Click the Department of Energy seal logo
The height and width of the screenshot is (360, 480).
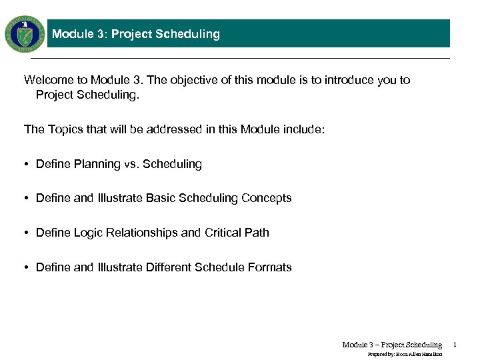click(25, 34)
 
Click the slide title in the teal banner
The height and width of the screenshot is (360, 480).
click(135, 34)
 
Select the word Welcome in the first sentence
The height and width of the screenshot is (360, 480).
click(46, 80)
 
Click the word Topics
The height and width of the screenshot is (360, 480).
click(65, 129)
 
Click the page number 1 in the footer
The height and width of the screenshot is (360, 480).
click(454, 345)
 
